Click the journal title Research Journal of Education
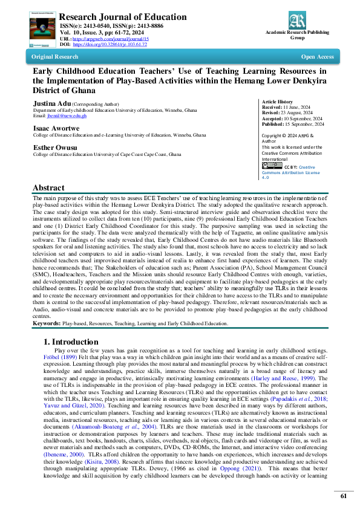click(123, 16)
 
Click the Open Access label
click(317, 57)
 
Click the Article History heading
click(277, 102)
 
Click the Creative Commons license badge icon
click(272, 166)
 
